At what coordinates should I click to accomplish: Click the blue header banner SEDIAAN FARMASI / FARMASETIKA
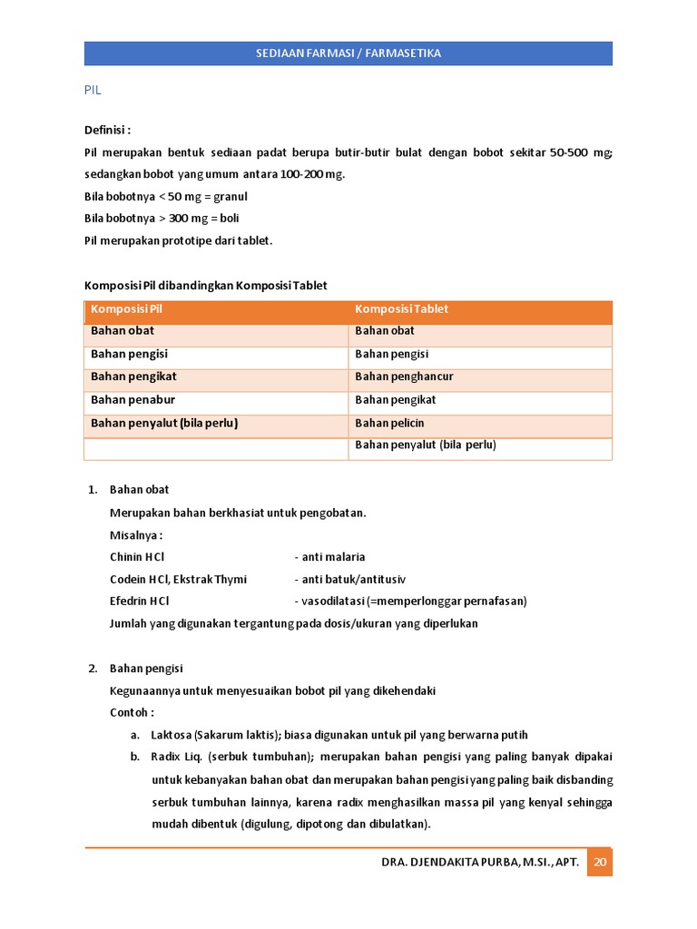(348, 54)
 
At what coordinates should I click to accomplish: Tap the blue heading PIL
(93, 92)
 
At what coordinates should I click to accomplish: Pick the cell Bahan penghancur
(404, 376)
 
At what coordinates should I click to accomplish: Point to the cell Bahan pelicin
(389, 423)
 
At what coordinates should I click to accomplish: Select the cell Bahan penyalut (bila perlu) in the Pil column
(163, 423)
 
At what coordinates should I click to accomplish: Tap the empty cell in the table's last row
(216, 448)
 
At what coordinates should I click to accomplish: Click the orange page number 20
(599, 863)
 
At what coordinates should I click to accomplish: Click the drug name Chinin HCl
(137, 557)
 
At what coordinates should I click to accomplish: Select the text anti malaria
(333, 557)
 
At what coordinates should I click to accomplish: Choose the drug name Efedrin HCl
(139, 601)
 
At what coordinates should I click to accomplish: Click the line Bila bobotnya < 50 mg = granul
(166, 196)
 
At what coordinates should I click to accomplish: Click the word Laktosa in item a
(171, 735)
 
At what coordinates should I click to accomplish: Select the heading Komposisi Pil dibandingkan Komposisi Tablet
(206, 286)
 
